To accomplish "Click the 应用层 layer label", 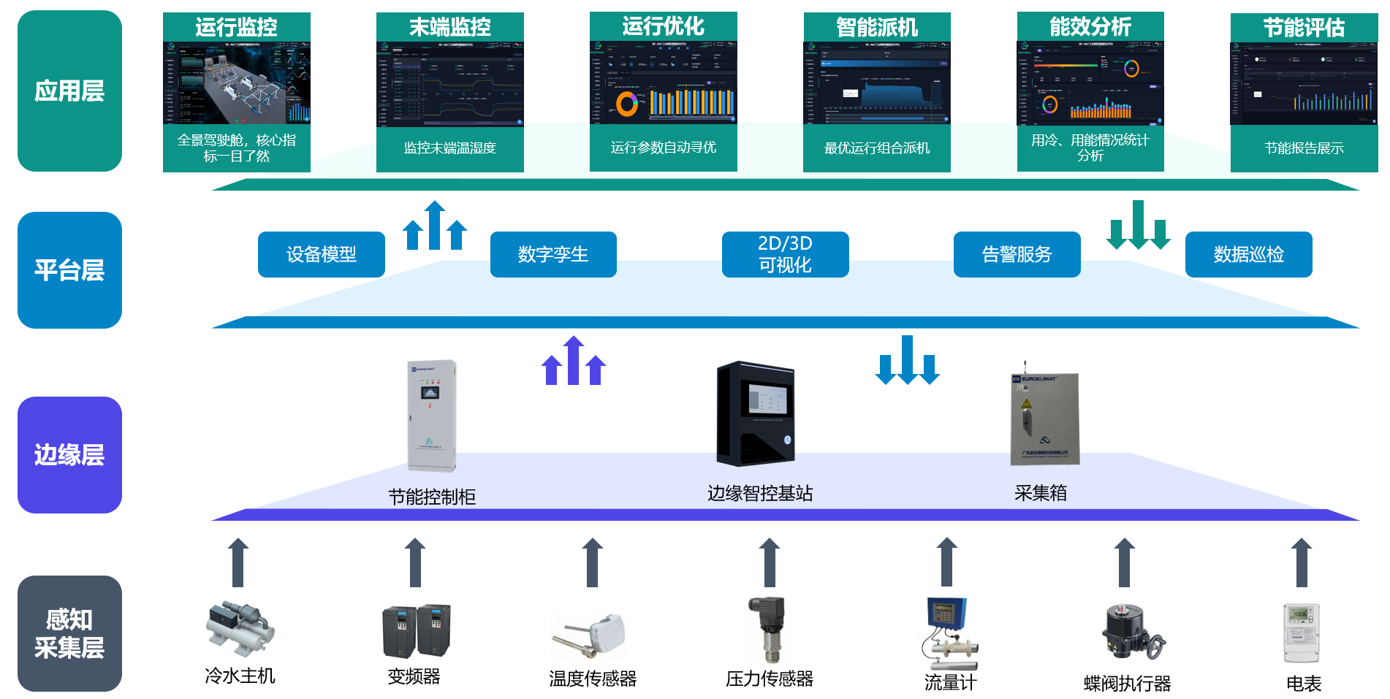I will (x=69, y=91).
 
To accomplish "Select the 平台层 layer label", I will (x=69, y=270).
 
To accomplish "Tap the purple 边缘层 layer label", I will (x=69, y=455).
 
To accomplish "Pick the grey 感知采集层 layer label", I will (x=69, y=633).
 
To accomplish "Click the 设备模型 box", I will (x=321, y=254).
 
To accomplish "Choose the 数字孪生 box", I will (x=553, y=254).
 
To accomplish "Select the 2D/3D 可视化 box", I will (x=785, y=254).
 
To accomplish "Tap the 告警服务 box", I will (x=1017, y=254).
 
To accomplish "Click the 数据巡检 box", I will (x=1248, y=254).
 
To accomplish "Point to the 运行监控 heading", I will (x=236, y=27).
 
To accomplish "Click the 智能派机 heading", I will (x=877, y=27).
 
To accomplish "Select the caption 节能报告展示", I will (x=1304, y=148).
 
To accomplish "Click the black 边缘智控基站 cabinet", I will (x=756, y=413).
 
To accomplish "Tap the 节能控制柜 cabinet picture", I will (x=432, y=415).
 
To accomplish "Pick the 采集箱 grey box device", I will (x=1044, y=418).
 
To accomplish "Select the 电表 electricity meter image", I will (x=1302, y=633).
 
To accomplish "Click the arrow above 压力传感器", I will (x=770, y=562).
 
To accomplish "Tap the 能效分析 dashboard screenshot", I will (x=1090, y=83).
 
